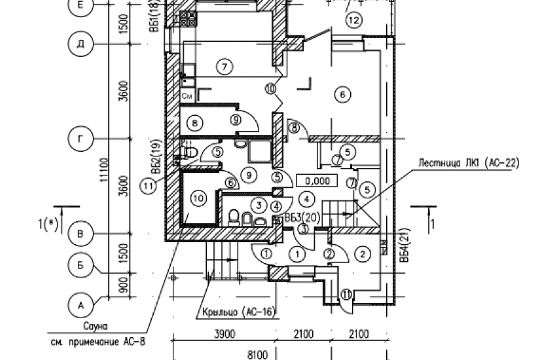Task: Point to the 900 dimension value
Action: (x=121, y=285)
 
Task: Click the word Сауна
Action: (x=95, y=325)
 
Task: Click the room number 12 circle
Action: (x=353, y=20)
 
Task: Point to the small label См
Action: (x=187, y=96)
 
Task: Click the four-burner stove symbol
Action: (x=189, y=18)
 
